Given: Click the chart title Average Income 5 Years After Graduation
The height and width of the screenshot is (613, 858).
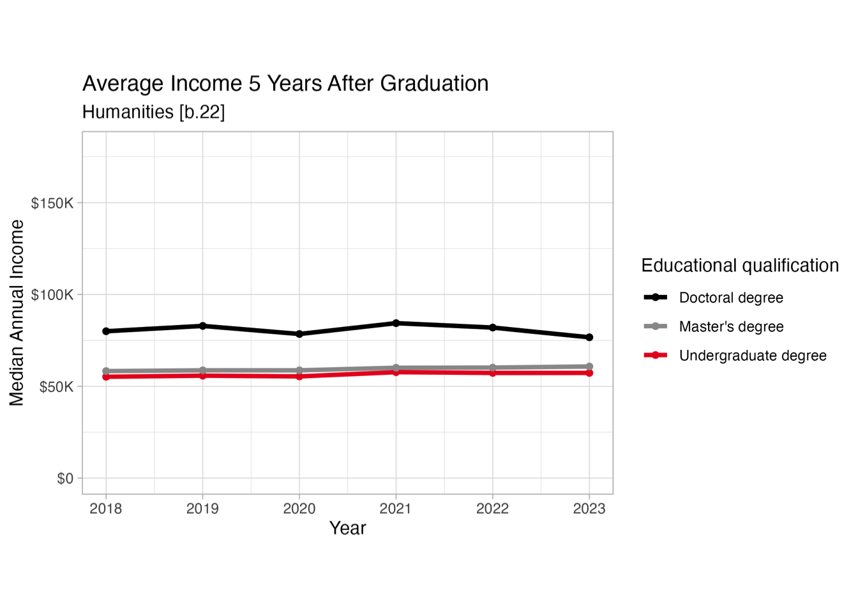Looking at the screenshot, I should (x=285, y=84).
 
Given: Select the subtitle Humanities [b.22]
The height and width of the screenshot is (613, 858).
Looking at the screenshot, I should (x=153, y=112).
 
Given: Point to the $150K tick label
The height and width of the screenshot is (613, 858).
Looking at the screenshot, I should (x=52, y=203).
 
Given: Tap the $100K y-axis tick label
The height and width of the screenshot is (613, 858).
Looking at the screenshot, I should (x=52, y=295).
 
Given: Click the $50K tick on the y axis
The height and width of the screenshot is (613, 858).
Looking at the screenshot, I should (x=56, y=387).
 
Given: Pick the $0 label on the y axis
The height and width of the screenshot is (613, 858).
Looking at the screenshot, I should (x=65, y=478).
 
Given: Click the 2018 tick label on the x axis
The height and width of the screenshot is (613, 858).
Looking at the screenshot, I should (x=106, y=509).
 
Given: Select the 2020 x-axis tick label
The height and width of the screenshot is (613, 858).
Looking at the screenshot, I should (x=299, y=509).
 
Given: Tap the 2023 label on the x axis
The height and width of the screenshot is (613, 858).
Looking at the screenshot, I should (x=589, y=509).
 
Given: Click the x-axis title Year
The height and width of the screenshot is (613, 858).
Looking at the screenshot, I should (x=347, y=528).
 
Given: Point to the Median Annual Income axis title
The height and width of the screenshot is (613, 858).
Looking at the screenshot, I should (x=17, y=313).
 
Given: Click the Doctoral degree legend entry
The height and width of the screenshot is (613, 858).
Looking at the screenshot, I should (x=730, y=298).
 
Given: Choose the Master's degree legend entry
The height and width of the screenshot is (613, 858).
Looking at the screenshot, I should (x=730, y=327).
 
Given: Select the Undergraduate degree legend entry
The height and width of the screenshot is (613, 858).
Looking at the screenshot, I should (x=752, y=356).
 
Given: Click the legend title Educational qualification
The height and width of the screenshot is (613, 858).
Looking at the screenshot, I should (x=740, y=266).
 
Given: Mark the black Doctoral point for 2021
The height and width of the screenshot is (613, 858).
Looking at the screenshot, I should (x=396, y=323).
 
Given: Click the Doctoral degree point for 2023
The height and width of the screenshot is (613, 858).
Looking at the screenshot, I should (x=589, y=337).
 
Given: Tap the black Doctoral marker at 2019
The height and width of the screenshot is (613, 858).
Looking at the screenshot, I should (x=203, y=326).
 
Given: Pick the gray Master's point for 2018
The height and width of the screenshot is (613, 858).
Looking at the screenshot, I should (x=106, y=371).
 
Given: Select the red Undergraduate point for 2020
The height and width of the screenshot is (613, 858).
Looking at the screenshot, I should (x=299, y=377).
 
